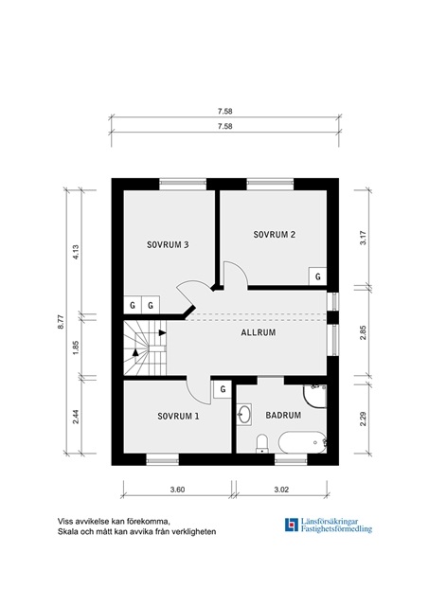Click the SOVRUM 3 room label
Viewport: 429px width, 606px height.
point(168,244)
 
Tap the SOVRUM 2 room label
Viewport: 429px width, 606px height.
point(275,235)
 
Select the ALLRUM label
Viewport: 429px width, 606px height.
point(259,332)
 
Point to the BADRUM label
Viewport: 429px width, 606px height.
point(283,415)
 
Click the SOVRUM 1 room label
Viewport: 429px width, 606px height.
point(178,417)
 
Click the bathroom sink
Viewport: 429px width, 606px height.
point(244,415)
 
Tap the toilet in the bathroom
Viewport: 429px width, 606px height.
point(262,443)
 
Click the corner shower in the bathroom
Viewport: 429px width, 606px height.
point(315,396)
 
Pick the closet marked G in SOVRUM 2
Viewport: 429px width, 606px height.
point(317,276)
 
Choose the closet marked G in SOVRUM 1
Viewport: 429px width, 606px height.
point(223,389)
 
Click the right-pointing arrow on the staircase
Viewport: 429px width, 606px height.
point(162,332)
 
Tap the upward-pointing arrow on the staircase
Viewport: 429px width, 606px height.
point(135,352)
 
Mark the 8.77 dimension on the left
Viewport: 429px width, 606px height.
point(61,322)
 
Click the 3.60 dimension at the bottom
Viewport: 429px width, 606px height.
point(177,490)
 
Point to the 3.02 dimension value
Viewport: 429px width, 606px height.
point(281,490)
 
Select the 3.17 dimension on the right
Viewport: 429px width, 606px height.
point(363,238)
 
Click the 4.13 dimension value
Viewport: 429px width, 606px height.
point(76,252)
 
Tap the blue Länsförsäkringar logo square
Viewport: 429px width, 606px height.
point(292,525)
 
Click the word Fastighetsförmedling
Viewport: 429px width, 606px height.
point(336,529)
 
